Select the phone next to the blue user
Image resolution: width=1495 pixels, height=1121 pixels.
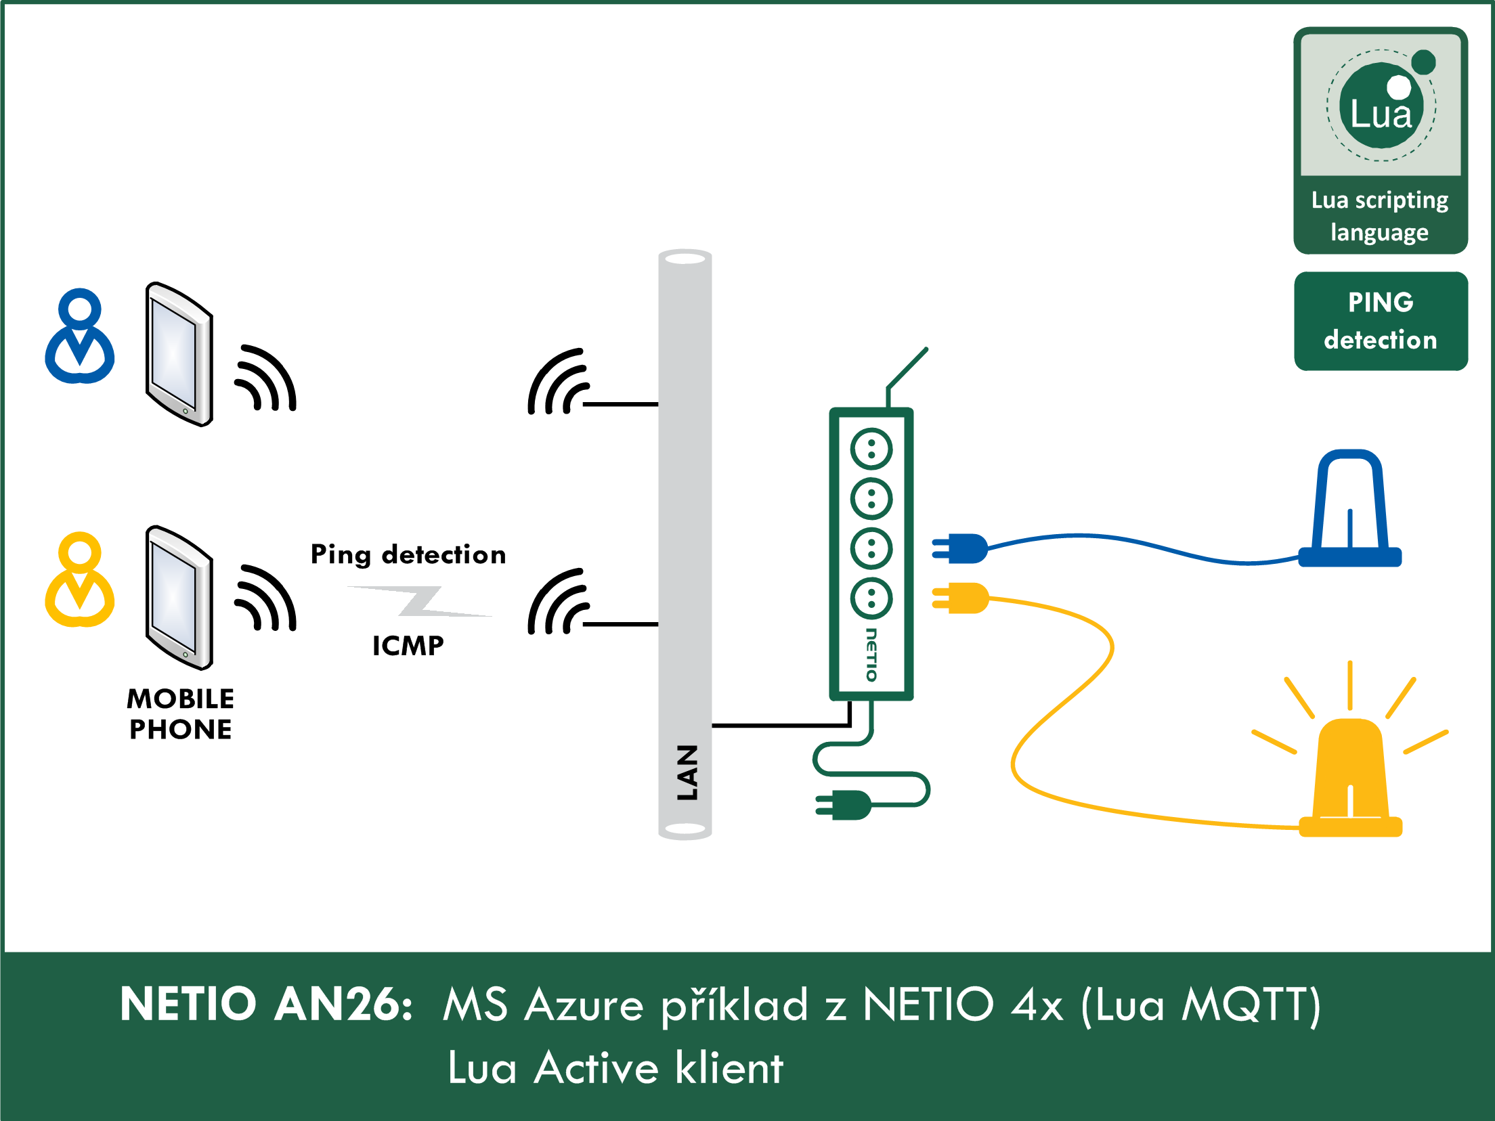(179, 354)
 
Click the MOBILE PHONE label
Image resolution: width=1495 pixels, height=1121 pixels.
(180, 713)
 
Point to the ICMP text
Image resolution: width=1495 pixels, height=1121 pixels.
(408, 646)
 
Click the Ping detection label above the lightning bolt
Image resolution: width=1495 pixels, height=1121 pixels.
(408, 554)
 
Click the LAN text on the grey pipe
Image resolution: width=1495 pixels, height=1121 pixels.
(687, 772)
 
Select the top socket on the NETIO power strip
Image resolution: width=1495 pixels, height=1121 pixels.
(871, 449)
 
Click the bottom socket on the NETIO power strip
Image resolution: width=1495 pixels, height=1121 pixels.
(871, 598)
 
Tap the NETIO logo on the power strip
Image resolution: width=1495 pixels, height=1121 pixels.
(871, 655)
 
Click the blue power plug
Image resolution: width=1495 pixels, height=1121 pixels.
(961, 548)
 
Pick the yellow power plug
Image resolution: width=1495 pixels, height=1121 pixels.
(961, 598)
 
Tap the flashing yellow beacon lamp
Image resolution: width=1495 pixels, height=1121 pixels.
(1350, 778)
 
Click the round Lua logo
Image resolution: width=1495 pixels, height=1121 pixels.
(1381, 106)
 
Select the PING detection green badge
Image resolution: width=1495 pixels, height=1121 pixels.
(1381, 321)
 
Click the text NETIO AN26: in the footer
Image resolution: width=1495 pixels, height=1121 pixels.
(266, 1004)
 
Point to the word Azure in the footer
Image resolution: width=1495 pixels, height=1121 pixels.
(584, 1005)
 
